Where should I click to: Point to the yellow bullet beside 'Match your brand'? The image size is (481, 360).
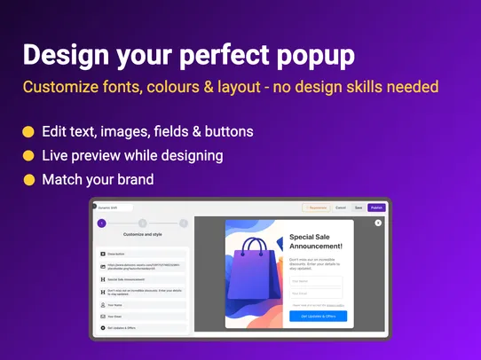(x=28, y=179)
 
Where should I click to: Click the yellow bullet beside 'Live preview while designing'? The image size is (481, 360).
(x=28, y=155)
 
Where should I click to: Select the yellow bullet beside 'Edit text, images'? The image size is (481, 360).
(x=28, y=132)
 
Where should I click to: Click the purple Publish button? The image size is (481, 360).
(x=376, y=207)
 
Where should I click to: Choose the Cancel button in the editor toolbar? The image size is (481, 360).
(x=341, y=207)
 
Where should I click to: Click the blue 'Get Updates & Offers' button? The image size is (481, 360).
(x=318, y=316)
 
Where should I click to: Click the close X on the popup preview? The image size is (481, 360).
(x=378, y=223)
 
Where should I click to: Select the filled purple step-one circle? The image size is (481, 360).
(x=101, y=223)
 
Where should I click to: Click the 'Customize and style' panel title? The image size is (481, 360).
(x=143, y=235)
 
